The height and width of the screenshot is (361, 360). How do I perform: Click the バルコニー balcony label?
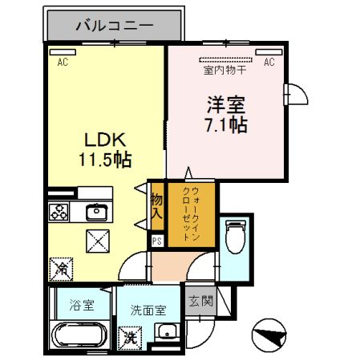tap(115, 26)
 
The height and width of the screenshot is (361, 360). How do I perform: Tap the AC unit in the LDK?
tap(63, 52)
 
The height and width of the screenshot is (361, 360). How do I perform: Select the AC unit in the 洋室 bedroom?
tap(269, 52)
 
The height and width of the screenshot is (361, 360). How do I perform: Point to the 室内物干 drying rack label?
tap(224, 71)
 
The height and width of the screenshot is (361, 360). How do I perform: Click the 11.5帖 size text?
tap(105, 160)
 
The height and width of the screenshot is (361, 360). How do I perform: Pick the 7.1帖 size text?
tap(226, 125)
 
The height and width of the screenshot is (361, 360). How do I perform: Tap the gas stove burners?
tap(59, 212)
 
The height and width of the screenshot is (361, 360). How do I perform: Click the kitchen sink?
tap(97, 212)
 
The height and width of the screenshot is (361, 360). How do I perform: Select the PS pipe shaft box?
tap(157, 241)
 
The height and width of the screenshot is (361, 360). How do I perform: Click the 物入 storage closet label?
tap(157, 206)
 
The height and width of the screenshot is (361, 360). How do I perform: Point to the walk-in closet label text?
tap(192, 213)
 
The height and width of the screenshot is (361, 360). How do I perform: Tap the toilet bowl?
tap(236, 237)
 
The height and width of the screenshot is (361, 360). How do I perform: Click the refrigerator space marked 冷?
tap(61, 269)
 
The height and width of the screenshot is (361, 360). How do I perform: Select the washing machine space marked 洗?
tap(130, 338)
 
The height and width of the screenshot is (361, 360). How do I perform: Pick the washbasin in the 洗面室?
tap(168, 331)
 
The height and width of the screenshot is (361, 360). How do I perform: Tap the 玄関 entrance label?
tap(200, 301)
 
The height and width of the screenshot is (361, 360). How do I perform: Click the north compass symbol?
tap(269, 335)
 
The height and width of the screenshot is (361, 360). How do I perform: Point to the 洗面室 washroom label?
tap(148, 310)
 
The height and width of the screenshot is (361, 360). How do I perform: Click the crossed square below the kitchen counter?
tap(98, 241)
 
